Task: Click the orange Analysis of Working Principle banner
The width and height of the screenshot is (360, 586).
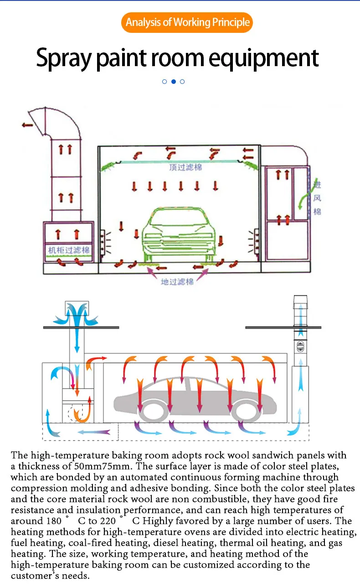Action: (187, 22)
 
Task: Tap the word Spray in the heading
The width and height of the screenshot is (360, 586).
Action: (62, 58)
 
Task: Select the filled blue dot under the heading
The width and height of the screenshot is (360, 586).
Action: (173, 82)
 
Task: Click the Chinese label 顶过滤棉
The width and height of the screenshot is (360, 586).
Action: (185, 167)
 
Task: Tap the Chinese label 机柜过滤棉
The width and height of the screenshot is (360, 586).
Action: (69, 250)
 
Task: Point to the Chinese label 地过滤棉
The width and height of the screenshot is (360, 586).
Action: (177, 282)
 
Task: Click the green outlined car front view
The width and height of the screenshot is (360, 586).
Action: (178, 237)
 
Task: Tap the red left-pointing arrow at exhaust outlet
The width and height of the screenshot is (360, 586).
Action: (27, 124)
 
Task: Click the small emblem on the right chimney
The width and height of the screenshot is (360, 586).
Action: (300, 345)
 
